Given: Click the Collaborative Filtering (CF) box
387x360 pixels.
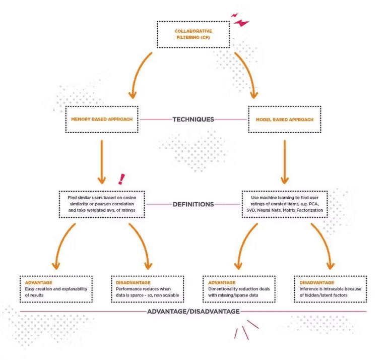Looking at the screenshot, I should coord(193,34).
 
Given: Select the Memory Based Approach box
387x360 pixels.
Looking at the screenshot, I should coord(102,119).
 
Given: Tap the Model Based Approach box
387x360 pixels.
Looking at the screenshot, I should coord(285,119).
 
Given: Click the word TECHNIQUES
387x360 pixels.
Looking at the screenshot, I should coord(193,119).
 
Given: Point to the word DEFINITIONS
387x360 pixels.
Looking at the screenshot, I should coord(193,204).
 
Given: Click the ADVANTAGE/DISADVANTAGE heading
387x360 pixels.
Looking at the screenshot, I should coord(193,311).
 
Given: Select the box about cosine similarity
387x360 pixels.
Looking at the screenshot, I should coord(102,204).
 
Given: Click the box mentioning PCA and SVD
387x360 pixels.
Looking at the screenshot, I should coord(285,204).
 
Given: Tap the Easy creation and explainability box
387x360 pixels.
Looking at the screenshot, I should coord(56,289).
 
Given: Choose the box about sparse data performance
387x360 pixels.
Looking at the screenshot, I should coord(147,289).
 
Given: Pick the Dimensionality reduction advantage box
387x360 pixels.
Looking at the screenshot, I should coord(239,289).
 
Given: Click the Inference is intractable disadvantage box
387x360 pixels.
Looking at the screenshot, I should coord(331,289).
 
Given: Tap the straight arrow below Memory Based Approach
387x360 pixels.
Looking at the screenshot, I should coord(102,161).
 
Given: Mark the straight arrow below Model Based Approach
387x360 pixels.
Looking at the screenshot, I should coord(285,161).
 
